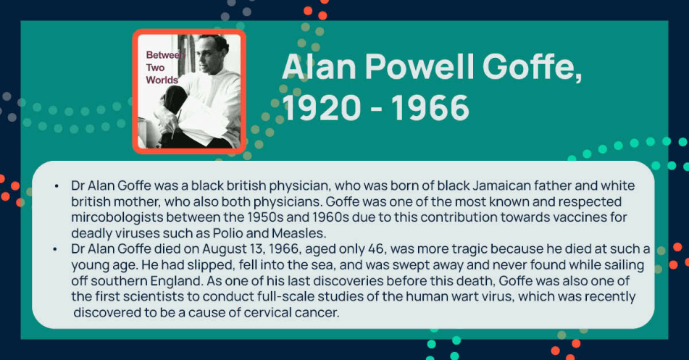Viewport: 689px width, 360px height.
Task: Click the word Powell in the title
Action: coord(419,67)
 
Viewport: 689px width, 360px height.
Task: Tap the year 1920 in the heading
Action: coord(322,108)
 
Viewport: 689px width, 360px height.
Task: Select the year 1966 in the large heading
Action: coord(430,108)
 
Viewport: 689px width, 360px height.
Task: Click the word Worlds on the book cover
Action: coord(162,80)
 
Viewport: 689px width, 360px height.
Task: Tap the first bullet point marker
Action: coord(57,186)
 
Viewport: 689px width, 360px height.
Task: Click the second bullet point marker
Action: coord(55,249)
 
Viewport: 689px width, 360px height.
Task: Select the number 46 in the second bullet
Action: coord(376,248)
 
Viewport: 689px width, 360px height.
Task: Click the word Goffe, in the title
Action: coord(532,68)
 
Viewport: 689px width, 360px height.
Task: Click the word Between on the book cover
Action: coord(164,55)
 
